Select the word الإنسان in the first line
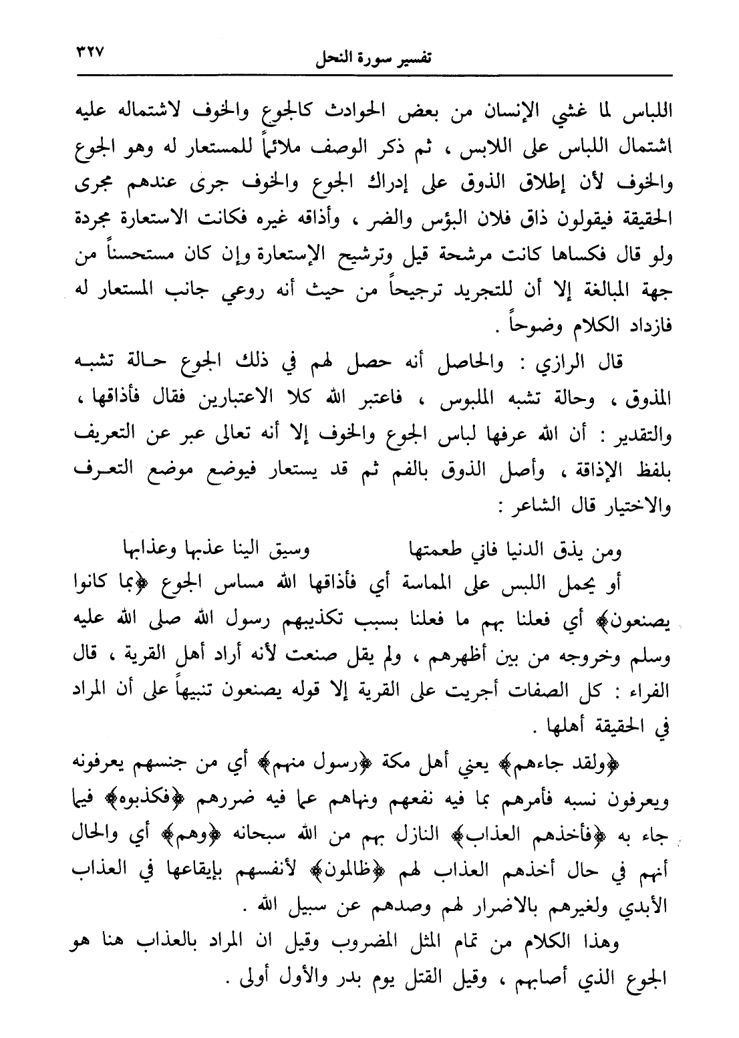[x=504, y=113]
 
